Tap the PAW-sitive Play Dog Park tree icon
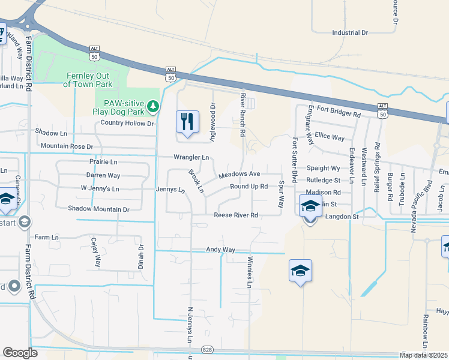[154, 106]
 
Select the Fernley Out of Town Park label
[87, 80]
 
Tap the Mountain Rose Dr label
[67, 146]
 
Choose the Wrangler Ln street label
[191, 158]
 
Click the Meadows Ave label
[238, 174]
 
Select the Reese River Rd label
[236, 215]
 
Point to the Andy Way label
[220, 249]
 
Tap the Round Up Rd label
[249, 187]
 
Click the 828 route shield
[208, 349]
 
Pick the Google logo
[20, 353]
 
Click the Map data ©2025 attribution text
[424, 355]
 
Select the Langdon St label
[342, 217]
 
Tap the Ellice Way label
[330, 137]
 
